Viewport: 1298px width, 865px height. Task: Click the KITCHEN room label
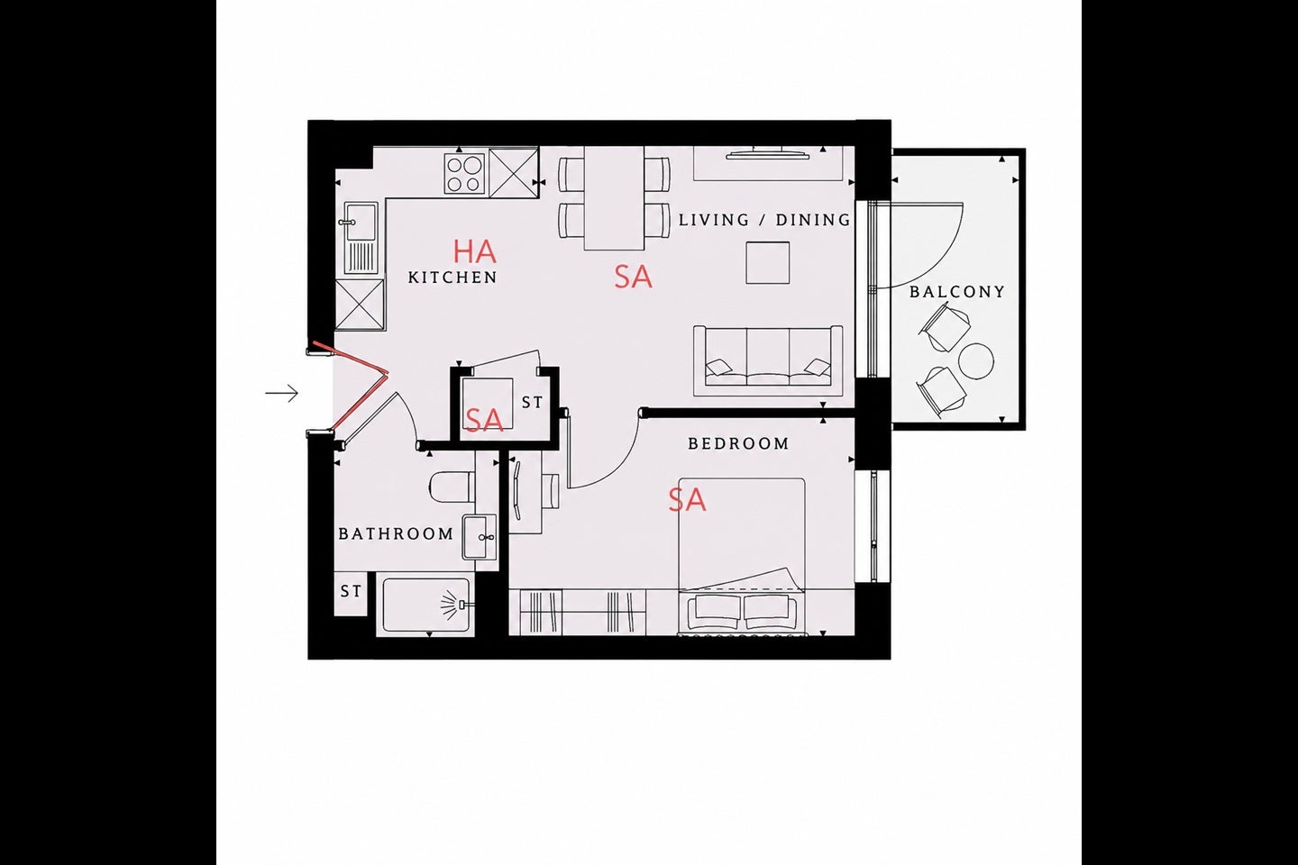[452, 278]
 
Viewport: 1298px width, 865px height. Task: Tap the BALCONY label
[956, 291]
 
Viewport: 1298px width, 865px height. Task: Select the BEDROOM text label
[739, 444]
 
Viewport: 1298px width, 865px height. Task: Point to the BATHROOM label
[396, 533]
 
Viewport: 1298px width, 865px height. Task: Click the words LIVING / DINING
[765, 220]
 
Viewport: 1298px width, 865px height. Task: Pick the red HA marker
[474, 251]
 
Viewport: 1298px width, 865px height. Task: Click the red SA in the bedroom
[687, 499]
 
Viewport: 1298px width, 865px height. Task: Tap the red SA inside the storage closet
[484, 419]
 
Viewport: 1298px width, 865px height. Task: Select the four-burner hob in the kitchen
[464, 173]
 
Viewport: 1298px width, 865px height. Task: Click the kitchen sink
[361, 238]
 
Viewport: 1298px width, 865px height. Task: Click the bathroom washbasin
[480, 537]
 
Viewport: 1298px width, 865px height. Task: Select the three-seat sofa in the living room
[768, 361]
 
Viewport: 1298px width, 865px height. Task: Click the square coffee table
[768, 263]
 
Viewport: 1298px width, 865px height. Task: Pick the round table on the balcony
[976, 361]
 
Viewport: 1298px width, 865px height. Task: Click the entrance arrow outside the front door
[281, 394]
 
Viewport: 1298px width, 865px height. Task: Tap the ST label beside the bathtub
[351, 592]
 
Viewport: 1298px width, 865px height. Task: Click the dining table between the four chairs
[614, 198]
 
